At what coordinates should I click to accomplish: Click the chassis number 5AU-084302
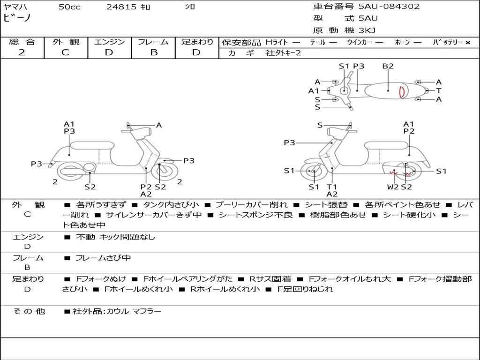[x=389, y=6]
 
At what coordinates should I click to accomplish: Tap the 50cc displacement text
[x=69, y=7]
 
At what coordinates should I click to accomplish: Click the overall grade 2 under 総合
[x=22, y=52]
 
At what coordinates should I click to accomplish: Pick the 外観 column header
[x=66, y=42]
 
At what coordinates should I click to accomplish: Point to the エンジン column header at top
[x=109, y=42]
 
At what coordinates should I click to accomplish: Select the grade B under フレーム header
[x=154, y=52]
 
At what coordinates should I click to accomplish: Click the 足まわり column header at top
[x=197, y=42]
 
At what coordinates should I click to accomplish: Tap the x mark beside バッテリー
[x=468, y=43]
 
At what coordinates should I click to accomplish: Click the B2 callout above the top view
[x=388, y=66]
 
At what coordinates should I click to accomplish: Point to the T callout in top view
[x=439, y=90]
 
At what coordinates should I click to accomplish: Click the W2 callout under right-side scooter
[x=393, y=187]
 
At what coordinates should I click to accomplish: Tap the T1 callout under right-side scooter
[x=332, y=187]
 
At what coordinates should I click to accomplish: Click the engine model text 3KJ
[x=367, y=30]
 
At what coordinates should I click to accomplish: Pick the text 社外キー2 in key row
[x=284, y=53]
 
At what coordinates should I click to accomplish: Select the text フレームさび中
[x=103, y=258]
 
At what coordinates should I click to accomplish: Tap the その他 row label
[x=29, y=311]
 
